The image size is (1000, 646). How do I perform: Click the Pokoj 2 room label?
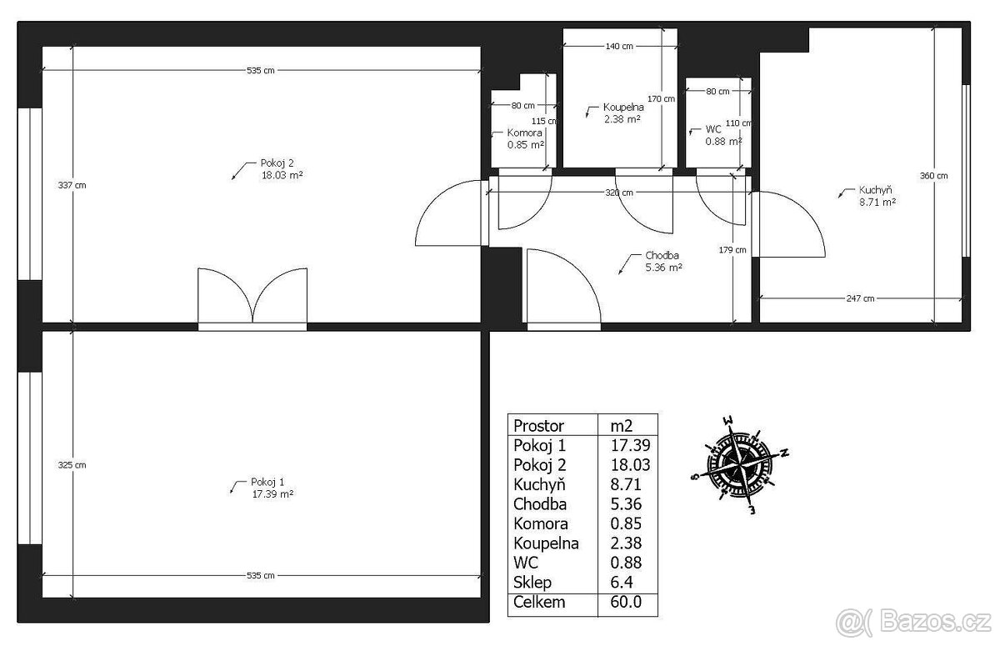(277, 163)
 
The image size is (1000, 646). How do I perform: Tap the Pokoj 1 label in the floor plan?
(267, 482)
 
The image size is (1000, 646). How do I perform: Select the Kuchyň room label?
(876, 190)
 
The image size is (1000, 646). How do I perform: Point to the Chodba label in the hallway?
(662, 255)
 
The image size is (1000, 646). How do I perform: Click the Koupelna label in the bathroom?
(623, 108)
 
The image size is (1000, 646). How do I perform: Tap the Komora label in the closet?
(524, 133)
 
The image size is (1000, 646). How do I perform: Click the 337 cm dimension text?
(72, 185)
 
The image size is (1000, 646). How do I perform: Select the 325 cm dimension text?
(72, 465)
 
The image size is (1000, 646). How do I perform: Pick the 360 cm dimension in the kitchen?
(933, 176)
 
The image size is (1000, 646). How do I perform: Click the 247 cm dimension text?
(860, 298)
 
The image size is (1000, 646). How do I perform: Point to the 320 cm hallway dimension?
(618, 193)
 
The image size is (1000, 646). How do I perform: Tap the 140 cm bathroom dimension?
(619, 46)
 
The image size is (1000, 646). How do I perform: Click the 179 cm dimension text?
(732, 250)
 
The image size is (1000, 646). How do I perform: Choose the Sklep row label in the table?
(532, 583)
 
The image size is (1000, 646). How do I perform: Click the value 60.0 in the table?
(626, 602)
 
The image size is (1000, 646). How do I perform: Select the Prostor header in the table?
(538, 426)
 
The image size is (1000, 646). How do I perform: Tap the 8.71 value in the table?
(626, 484)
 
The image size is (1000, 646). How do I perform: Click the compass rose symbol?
(740, 465)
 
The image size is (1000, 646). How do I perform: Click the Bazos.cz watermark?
(913, 622)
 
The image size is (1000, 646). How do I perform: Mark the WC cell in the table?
(526, 563)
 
